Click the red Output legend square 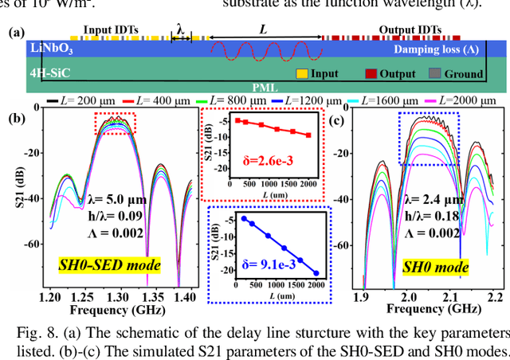371,73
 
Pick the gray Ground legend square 434,73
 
